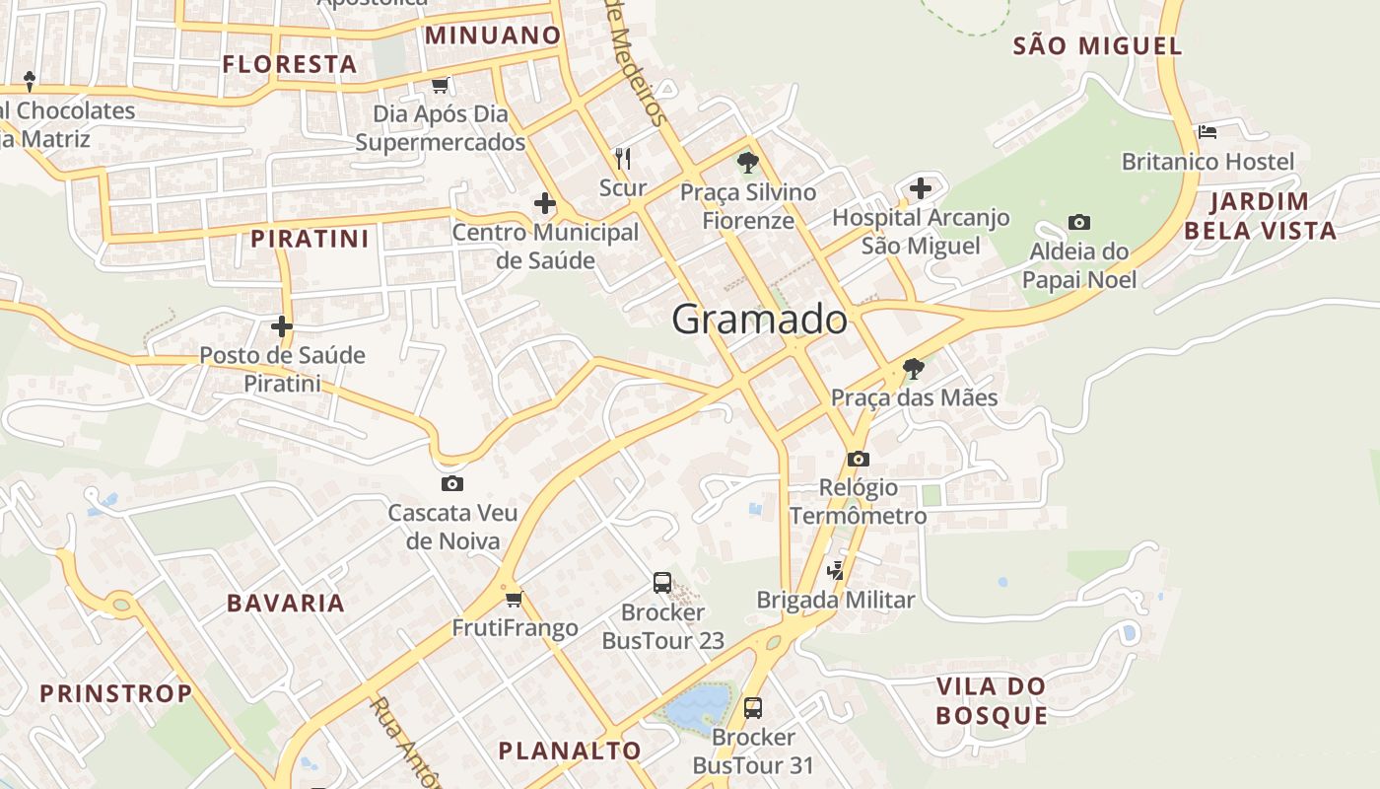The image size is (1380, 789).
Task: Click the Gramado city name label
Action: [759, 320]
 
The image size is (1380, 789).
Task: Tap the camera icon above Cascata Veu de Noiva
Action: [452, 483]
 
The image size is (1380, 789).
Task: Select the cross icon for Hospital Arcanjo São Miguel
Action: [920, 187]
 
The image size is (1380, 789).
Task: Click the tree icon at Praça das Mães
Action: [914, 370]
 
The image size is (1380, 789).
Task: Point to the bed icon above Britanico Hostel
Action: [1207, 131]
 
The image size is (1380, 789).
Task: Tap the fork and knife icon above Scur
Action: [623, 158]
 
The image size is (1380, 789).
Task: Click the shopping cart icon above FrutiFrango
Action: [514, 599]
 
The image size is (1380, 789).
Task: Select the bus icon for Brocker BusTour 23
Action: [662, 583]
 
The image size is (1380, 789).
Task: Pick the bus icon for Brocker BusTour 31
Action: [753, 707]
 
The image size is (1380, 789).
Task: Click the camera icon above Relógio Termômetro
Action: [859, 459]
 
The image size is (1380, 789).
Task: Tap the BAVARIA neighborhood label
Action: [286, 604]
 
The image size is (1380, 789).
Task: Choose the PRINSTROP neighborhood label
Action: [116, 693]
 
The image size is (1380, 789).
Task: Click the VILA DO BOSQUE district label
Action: [991, 701]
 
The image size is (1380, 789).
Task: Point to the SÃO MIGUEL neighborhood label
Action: [1097, 45]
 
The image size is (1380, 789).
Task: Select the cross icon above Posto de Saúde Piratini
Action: [282, 325]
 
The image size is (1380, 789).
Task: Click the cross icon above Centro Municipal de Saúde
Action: [544, 204]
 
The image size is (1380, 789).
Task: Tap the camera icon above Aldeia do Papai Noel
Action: [1079, 223]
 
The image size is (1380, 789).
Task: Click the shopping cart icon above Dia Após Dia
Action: [441, 85]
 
